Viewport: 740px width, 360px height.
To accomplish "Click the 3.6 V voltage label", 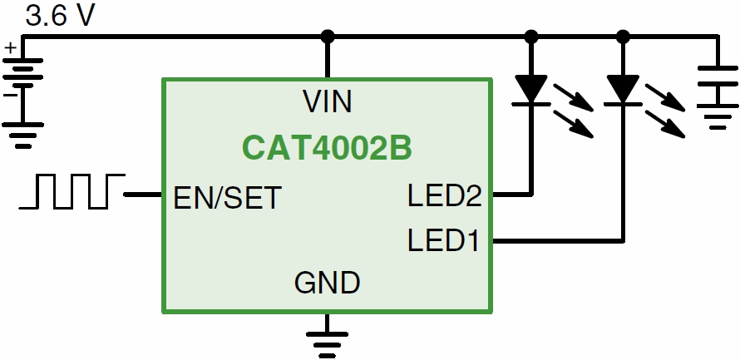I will pyautogui.click(x=61, y=17).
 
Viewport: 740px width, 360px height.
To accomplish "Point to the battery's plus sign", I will pyautogui.click(x=10, y=49).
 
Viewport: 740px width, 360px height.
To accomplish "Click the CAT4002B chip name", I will pyautogui.click(x=328, y=150).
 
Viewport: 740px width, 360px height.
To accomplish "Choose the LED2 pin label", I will pyautogui.click(x=445, y=197).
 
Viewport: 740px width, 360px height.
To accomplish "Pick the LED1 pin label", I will pyautogui.click(x=445, y=241).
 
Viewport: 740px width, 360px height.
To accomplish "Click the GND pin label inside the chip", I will pyautogui.click(x=327, y=283).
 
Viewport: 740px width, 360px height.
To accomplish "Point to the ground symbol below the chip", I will pyautogui.click(x=327, y=341).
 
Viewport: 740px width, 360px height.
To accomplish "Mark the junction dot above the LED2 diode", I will pyautogui.click(x=531, y=37).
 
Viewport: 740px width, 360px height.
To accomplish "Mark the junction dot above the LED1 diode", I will pyautogui.click(x=623, y=37).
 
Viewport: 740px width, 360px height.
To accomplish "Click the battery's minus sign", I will pyautogui.click(x=10, y=94).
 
